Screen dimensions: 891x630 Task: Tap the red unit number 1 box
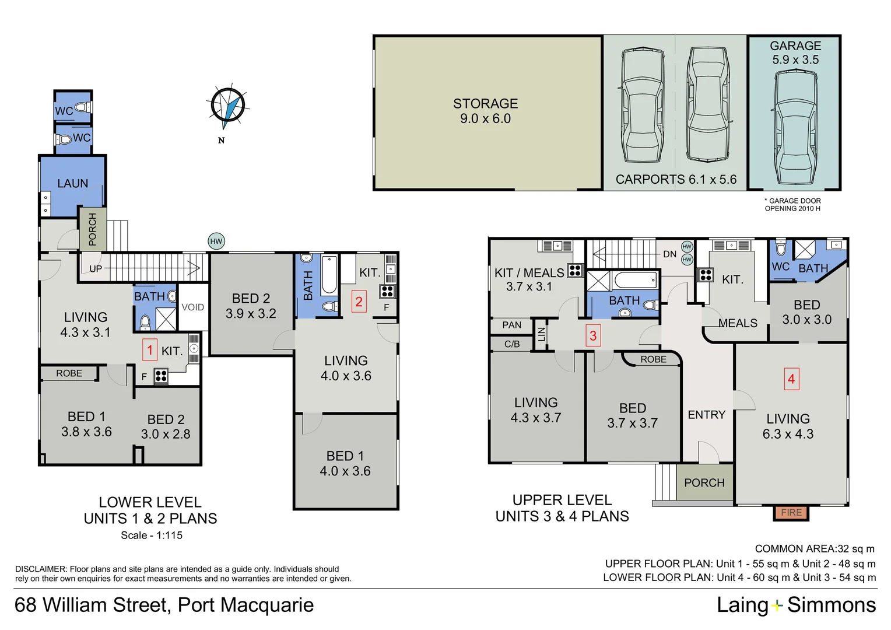tap(150, 350)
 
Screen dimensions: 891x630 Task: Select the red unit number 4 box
tap(791, 379)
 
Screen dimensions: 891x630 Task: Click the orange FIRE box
tap(791, 513)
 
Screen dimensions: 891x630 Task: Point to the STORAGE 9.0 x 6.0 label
tap(485, 111)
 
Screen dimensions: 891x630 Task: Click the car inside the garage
tap(795, 127)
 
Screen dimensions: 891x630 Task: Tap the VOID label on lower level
tap(193, 307)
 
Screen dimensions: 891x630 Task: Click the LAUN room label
tap(72, 184)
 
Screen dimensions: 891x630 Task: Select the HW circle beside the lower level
tap(216, 241)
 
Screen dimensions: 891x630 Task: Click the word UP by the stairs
tap(96, 269)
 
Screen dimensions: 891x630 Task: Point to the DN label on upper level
tap(670, 254)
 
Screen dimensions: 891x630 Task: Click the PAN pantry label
tap(511, 325)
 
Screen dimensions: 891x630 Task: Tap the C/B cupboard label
tap(512, 344)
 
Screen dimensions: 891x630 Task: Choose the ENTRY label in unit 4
tap(706, 415)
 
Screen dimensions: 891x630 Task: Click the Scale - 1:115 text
tap(152, 535)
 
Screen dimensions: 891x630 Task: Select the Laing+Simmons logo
tap(797, 605)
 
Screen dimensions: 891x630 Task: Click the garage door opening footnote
tap(792, 205)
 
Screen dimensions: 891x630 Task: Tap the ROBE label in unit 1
tap(69, 373)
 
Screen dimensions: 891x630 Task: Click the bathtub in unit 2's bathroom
tap(329, 275)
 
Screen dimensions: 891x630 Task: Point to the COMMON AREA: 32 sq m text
tap(815, 549)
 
